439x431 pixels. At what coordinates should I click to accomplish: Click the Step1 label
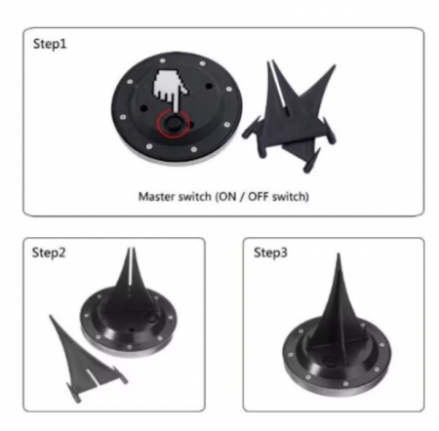click(x=50, y=44)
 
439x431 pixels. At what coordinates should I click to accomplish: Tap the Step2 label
click(x=49, y=253)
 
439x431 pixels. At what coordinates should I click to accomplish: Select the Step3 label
click(x=270, y=253)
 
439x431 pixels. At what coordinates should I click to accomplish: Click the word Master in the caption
click(x=157, y=197)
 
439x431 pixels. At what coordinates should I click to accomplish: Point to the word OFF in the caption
click(x=259, y=197)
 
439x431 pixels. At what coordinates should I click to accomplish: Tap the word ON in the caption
click(x=227, y=197)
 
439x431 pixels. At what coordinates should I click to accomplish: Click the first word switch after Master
click(x=194, y=197)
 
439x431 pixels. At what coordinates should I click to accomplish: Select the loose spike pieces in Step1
click(x=290, y=117)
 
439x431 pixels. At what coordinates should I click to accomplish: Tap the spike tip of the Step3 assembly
click(x=339, y=255)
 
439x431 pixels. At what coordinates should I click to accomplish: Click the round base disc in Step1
click(x=177, y=109)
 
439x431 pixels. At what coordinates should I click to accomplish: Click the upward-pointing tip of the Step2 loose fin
click(x=51, y=316)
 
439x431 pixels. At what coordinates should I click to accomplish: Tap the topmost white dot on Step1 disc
click(x=163, y=60)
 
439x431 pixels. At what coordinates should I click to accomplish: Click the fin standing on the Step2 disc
click(x=131, y=285)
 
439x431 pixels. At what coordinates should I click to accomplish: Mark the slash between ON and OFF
click(x=242, y=197)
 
